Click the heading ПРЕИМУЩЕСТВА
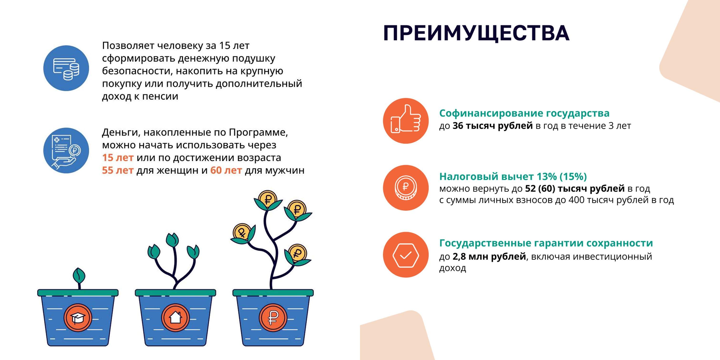476,33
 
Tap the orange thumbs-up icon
405,121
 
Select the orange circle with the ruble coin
405,188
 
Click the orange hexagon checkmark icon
405,255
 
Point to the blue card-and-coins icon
66,68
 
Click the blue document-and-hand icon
66,150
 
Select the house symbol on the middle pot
175,318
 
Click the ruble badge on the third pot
273,318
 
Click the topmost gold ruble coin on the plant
267,199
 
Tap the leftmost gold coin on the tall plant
242,232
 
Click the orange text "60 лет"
226,170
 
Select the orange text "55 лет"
118,170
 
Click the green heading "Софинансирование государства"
524,113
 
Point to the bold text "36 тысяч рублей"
492,126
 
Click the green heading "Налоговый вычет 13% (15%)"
513,176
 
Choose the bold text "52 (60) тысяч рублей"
575,189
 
